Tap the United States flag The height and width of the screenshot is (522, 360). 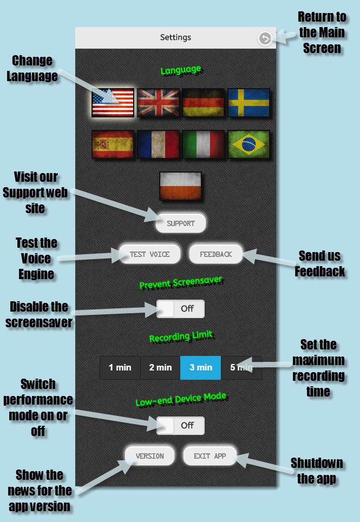[113, 103]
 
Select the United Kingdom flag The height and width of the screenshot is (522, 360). [158, 103]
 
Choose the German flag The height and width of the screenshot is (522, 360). [204, 103]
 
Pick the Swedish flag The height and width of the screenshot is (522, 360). [248, 103]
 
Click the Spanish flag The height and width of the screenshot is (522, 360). [113, 144]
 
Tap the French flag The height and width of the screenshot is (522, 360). [158, 144]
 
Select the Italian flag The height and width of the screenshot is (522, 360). [204, 144]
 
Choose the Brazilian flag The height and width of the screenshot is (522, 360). [248, 144]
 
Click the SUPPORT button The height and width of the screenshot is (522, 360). [181, 223]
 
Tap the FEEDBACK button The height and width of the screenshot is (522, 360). [215, 254]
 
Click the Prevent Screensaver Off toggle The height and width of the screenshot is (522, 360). [180, 309]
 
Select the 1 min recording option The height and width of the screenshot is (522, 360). [120, 368]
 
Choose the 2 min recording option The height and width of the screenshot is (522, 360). [160, 368]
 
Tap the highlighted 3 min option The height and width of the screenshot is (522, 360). [200, 368]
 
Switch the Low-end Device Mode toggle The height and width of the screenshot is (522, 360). [180, 426]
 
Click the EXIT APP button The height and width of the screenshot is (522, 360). [210, 456]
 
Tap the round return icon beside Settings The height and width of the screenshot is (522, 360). [265, 38]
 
